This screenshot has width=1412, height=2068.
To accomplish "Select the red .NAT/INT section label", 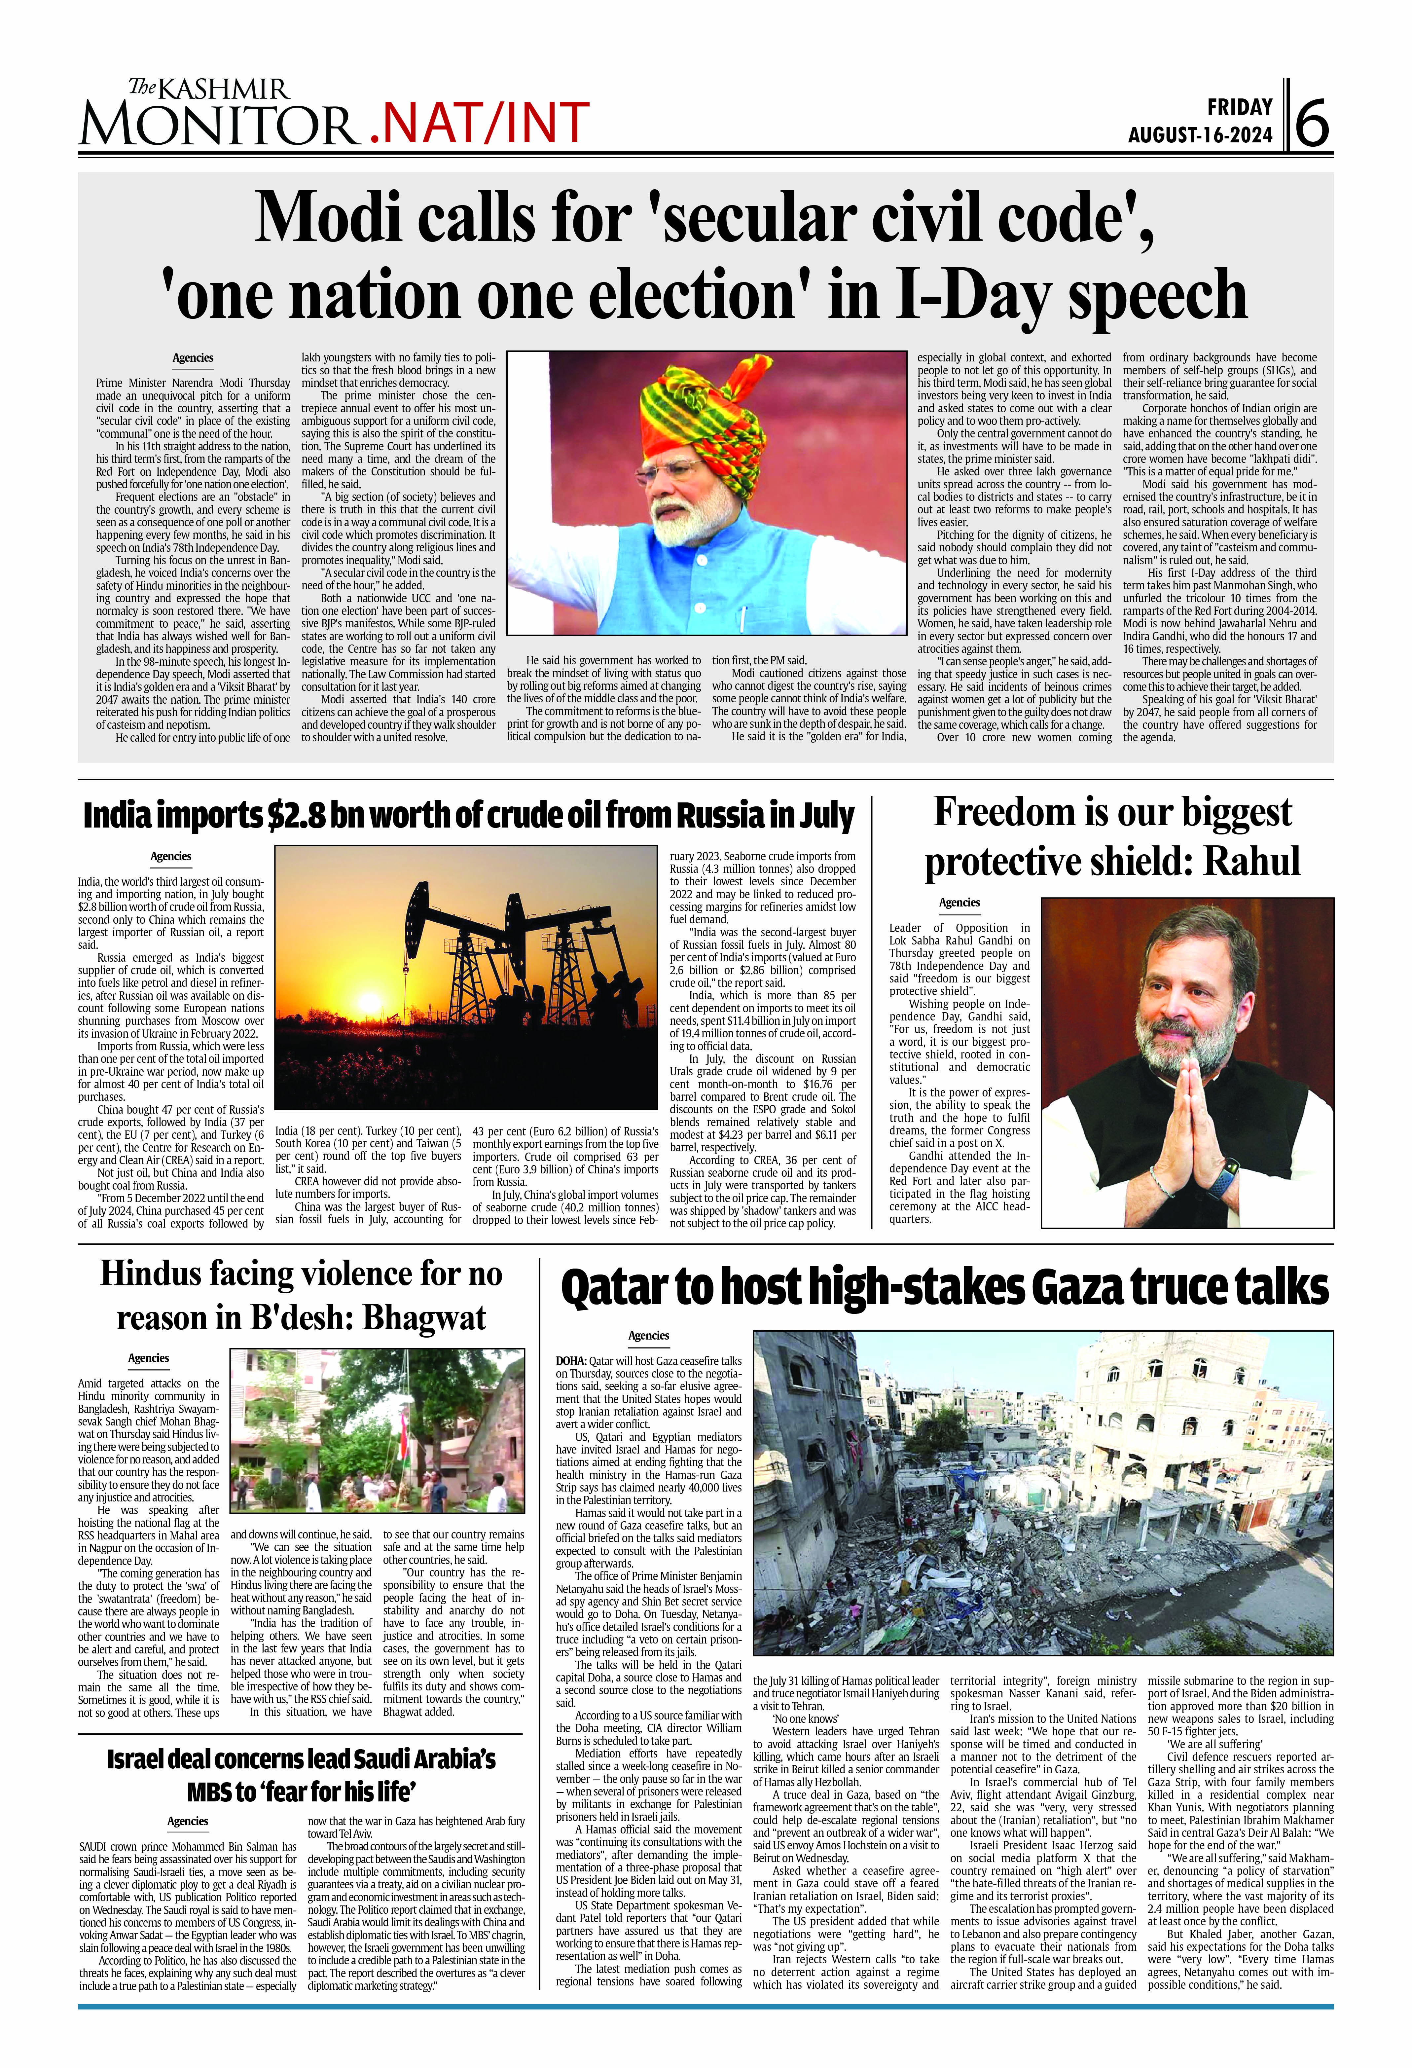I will pyautogui.click(x=479, y=123).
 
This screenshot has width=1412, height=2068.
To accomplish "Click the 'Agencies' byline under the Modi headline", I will pyautogui.click(x=193, y=358).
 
